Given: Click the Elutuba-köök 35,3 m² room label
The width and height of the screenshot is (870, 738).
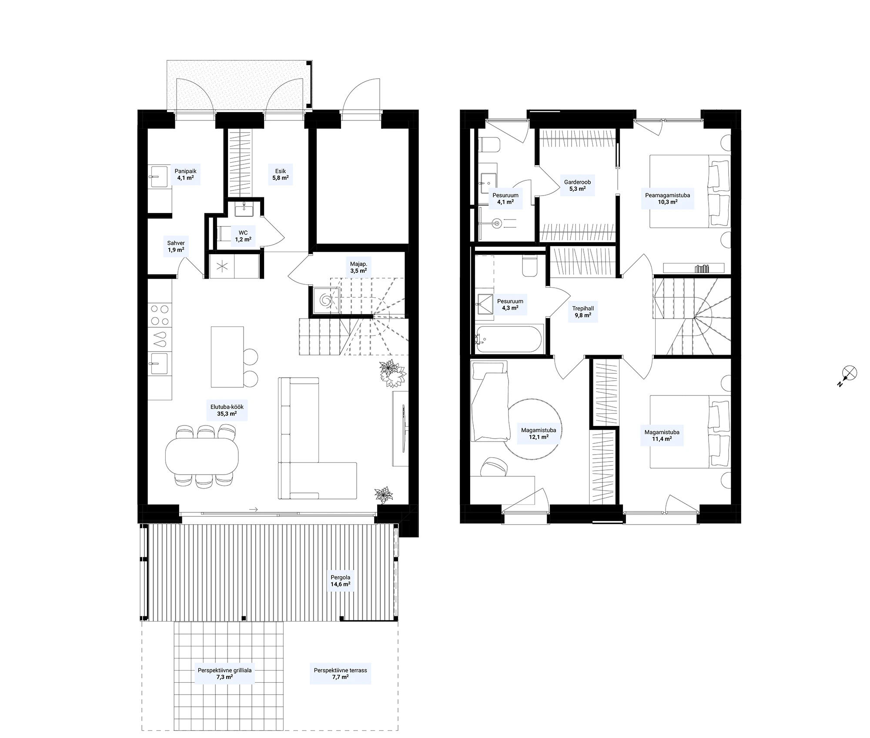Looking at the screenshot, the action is click(227, 410).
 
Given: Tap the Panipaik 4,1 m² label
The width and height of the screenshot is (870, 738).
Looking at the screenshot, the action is click(185, 174).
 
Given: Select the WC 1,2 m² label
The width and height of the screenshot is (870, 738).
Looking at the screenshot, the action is click(243, 236).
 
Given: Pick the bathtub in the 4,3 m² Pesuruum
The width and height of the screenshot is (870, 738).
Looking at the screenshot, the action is click(509, 339).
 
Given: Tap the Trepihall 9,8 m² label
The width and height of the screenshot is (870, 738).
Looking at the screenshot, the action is click(583, 312).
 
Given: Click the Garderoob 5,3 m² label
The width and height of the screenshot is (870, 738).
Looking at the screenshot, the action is click(577, 186).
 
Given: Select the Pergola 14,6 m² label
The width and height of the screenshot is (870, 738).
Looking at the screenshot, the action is click(340, 581).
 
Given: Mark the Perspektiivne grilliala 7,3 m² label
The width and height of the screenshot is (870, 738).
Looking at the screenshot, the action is click(224, 674).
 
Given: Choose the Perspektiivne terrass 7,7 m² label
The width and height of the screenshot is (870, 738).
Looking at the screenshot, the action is click(340, 674).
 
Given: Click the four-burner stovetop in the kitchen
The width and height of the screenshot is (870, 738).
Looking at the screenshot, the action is click(159, 316).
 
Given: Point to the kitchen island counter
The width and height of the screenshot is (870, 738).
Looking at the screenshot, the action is click(227, 357).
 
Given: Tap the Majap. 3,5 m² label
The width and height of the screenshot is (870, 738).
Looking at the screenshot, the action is click(358, 267).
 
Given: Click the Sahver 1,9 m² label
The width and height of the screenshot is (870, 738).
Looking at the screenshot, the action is click(176, 246).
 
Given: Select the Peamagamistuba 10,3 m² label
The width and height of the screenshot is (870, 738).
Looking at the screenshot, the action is click(667, 199).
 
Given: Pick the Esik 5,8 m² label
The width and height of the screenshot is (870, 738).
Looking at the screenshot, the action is click(280, 174).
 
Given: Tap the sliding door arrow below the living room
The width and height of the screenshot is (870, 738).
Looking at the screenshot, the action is click(254, 509).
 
